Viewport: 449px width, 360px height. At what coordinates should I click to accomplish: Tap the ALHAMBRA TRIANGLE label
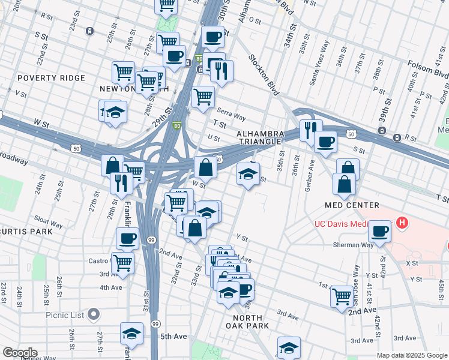[259, 137]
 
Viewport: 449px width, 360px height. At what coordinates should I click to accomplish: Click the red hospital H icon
[402, 224]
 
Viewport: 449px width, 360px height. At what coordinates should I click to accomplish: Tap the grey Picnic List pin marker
[94, 314]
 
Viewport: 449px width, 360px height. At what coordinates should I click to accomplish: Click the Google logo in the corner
[19, 353]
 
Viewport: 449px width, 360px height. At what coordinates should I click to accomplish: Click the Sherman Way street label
[354, 245]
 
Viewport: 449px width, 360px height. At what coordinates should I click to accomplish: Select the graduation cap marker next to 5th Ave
[131, 333]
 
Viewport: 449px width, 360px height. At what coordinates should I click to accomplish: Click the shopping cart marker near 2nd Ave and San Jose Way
[342, 295]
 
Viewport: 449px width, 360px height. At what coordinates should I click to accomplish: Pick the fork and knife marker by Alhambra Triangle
[311, 129]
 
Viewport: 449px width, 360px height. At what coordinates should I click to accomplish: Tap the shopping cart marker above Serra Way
[203, 95]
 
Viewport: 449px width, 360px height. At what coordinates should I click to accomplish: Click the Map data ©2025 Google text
[412, 355]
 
